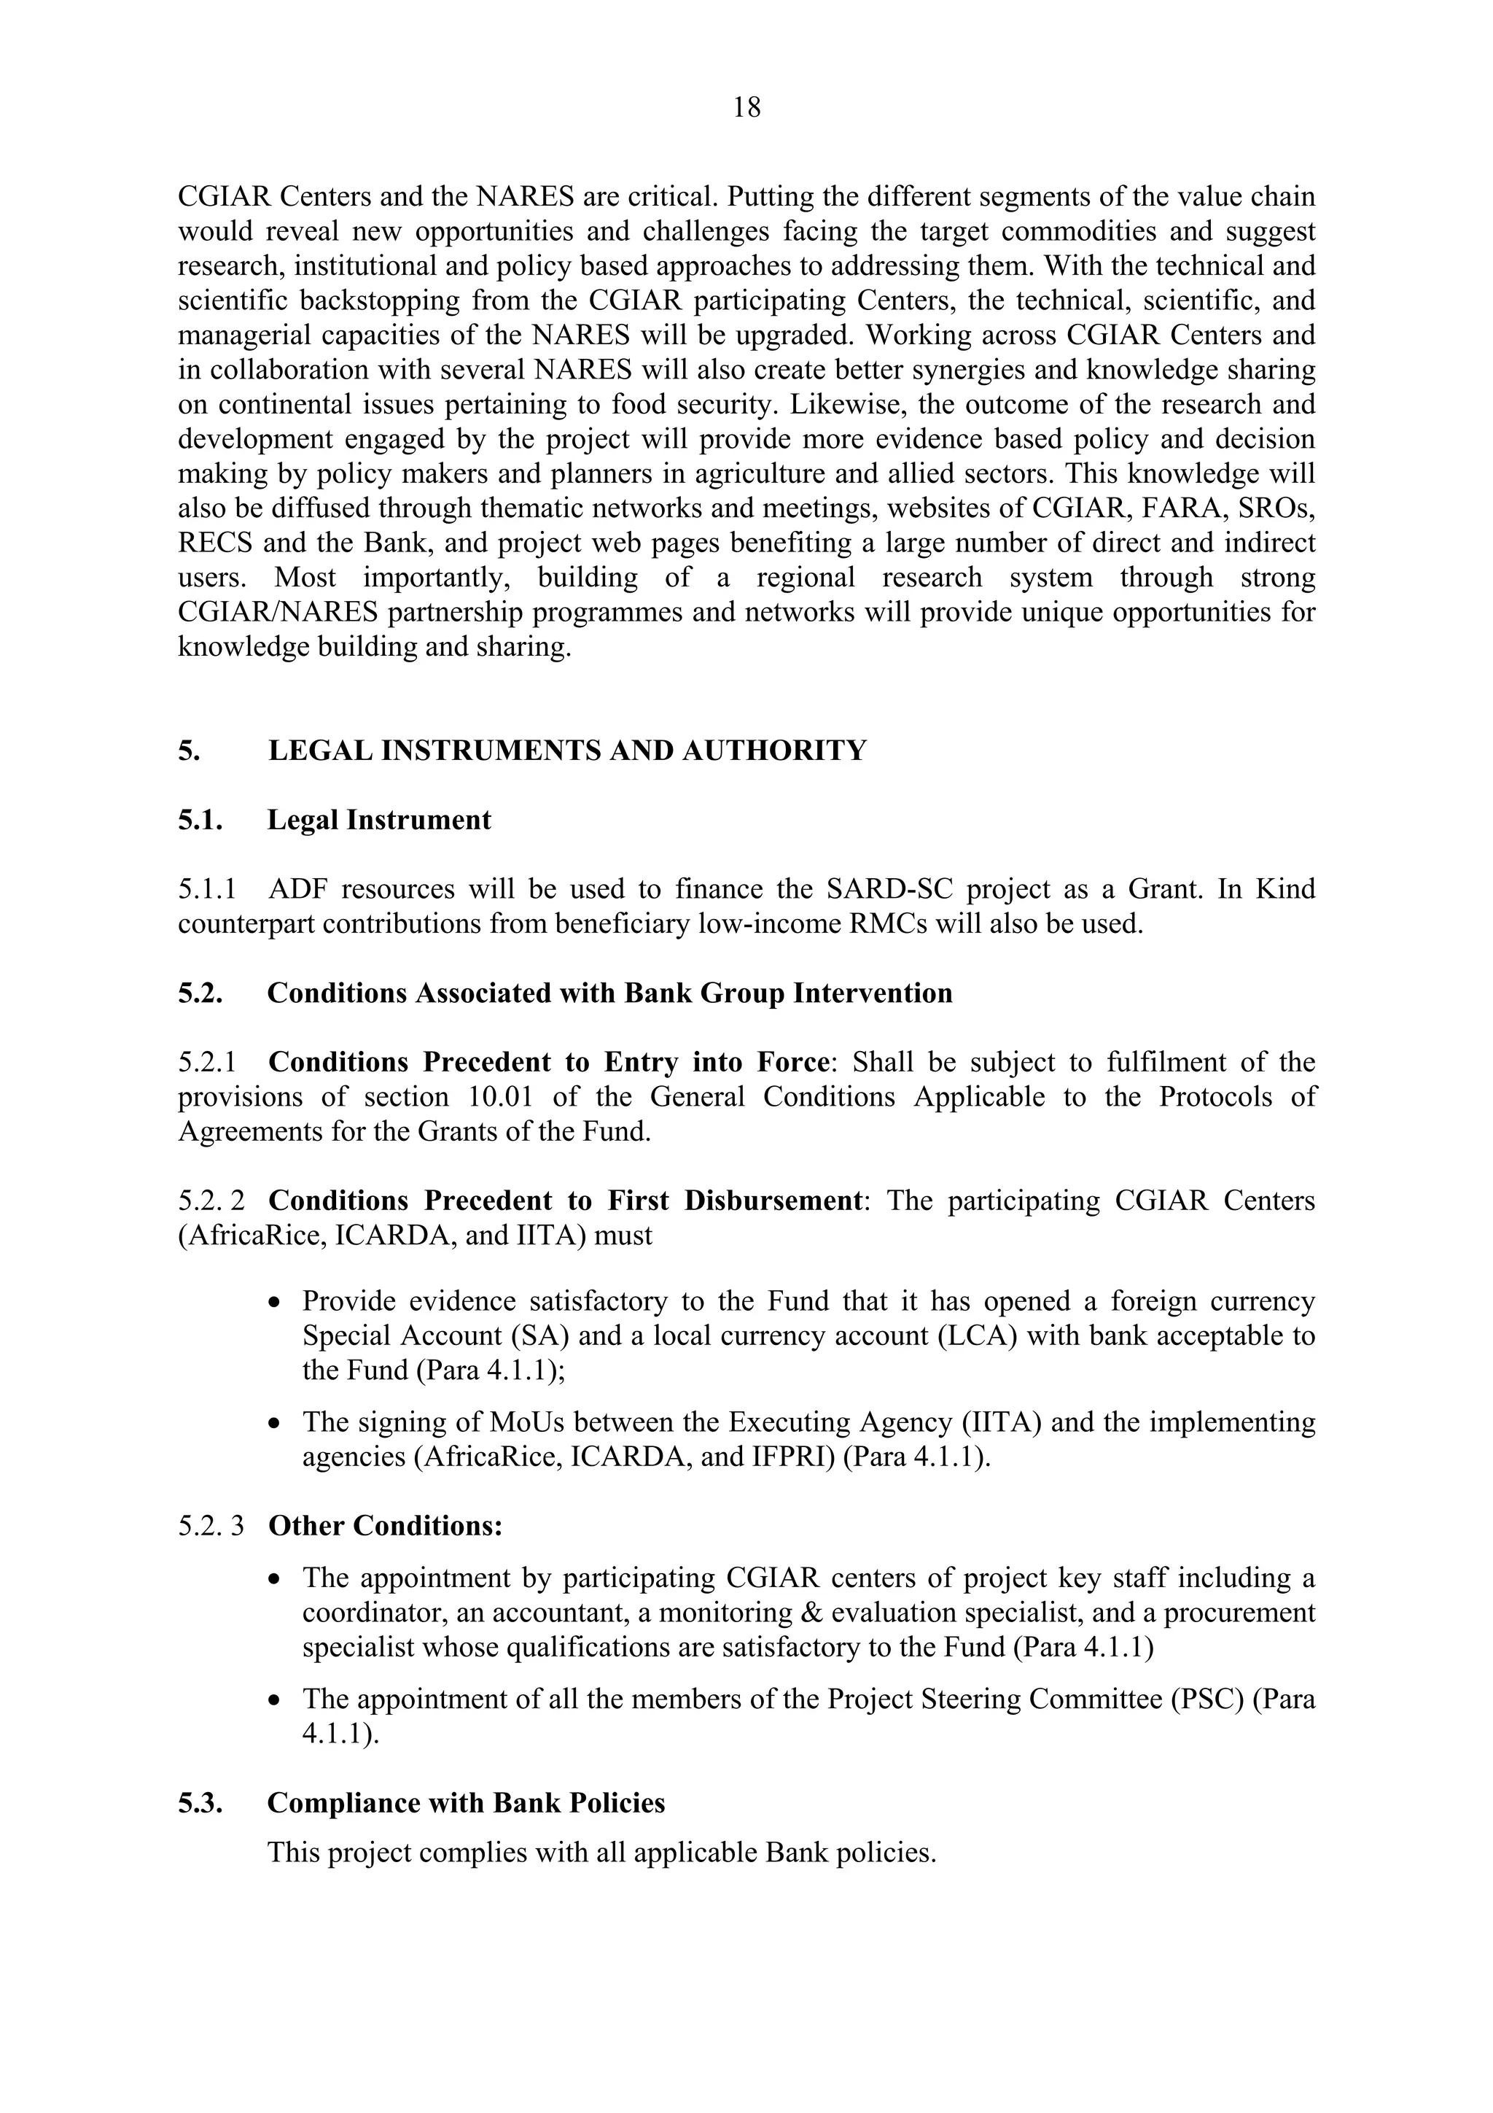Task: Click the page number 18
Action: (x=746, y=109)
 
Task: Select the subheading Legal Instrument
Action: (x=379, y=820)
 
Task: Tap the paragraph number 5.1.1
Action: (x=207, y=889)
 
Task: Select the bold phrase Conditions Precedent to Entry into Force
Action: (x=549, y=1062)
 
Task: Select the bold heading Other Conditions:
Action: (x=386, y=1526)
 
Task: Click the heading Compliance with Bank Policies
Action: (x=466, y=1803)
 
